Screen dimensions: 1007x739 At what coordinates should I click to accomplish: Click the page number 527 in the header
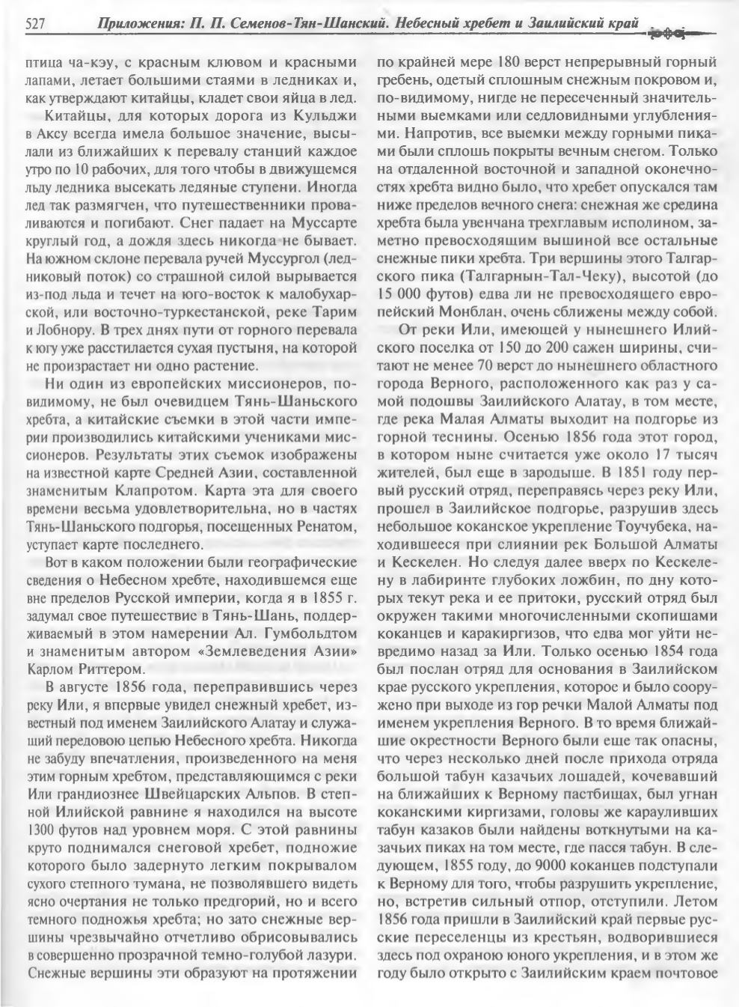pyautogui.click(x=37, y=25)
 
